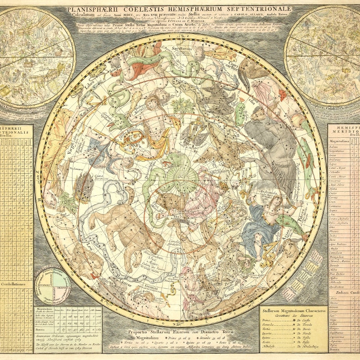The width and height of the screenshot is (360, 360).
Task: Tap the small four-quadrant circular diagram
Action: point(53,283)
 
